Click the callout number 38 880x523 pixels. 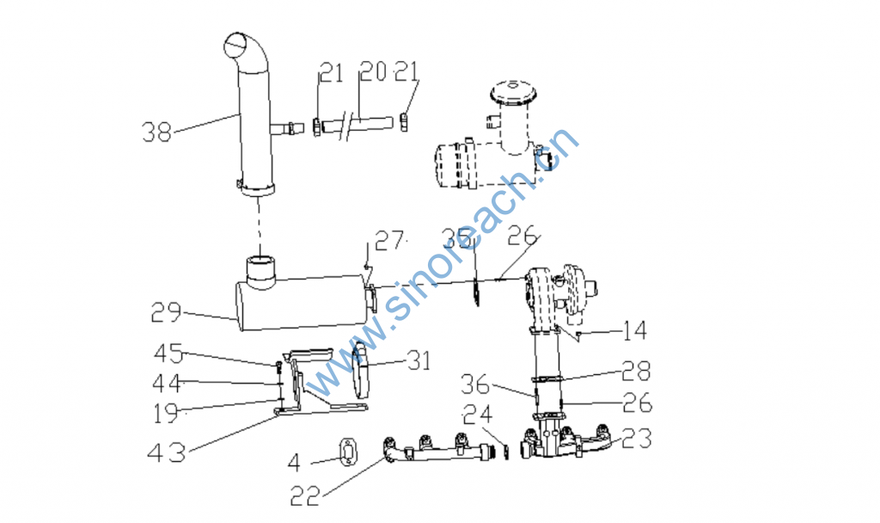156,132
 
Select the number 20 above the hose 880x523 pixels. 373,71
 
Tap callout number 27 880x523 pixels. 389,241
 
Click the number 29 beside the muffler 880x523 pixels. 166,312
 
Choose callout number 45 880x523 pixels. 169,354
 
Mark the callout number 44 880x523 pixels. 167,383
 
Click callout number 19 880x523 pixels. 166,414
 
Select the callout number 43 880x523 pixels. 167,452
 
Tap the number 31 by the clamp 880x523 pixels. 419,360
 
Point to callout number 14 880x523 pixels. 635,330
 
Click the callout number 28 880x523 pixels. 636,371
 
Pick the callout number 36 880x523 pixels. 475,385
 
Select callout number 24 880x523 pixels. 478,415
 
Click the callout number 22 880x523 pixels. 305,496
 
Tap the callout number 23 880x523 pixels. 637,439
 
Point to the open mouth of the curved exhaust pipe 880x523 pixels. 236,45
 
